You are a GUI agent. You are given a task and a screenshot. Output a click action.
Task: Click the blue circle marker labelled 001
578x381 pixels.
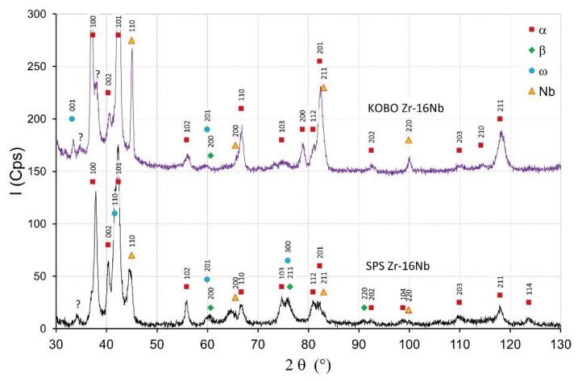(x=72, y=119)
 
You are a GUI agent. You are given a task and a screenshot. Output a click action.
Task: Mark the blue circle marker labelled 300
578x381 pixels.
(x=288, y=260)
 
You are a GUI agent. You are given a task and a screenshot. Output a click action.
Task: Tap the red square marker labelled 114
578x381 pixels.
(x=529, y=302)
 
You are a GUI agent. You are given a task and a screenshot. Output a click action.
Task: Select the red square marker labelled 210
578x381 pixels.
(x=480, y=145)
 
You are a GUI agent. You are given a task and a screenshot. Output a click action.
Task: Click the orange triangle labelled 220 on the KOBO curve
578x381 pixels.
(x=409, y=140)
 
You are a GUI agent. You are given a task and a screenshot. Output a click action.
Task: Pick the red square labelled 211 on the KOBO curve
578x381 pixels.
(x=500, y=119)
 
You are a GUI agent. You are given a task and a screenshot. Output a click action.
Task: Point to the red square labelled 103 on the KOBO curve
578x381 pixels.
(x=282, y=140)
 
